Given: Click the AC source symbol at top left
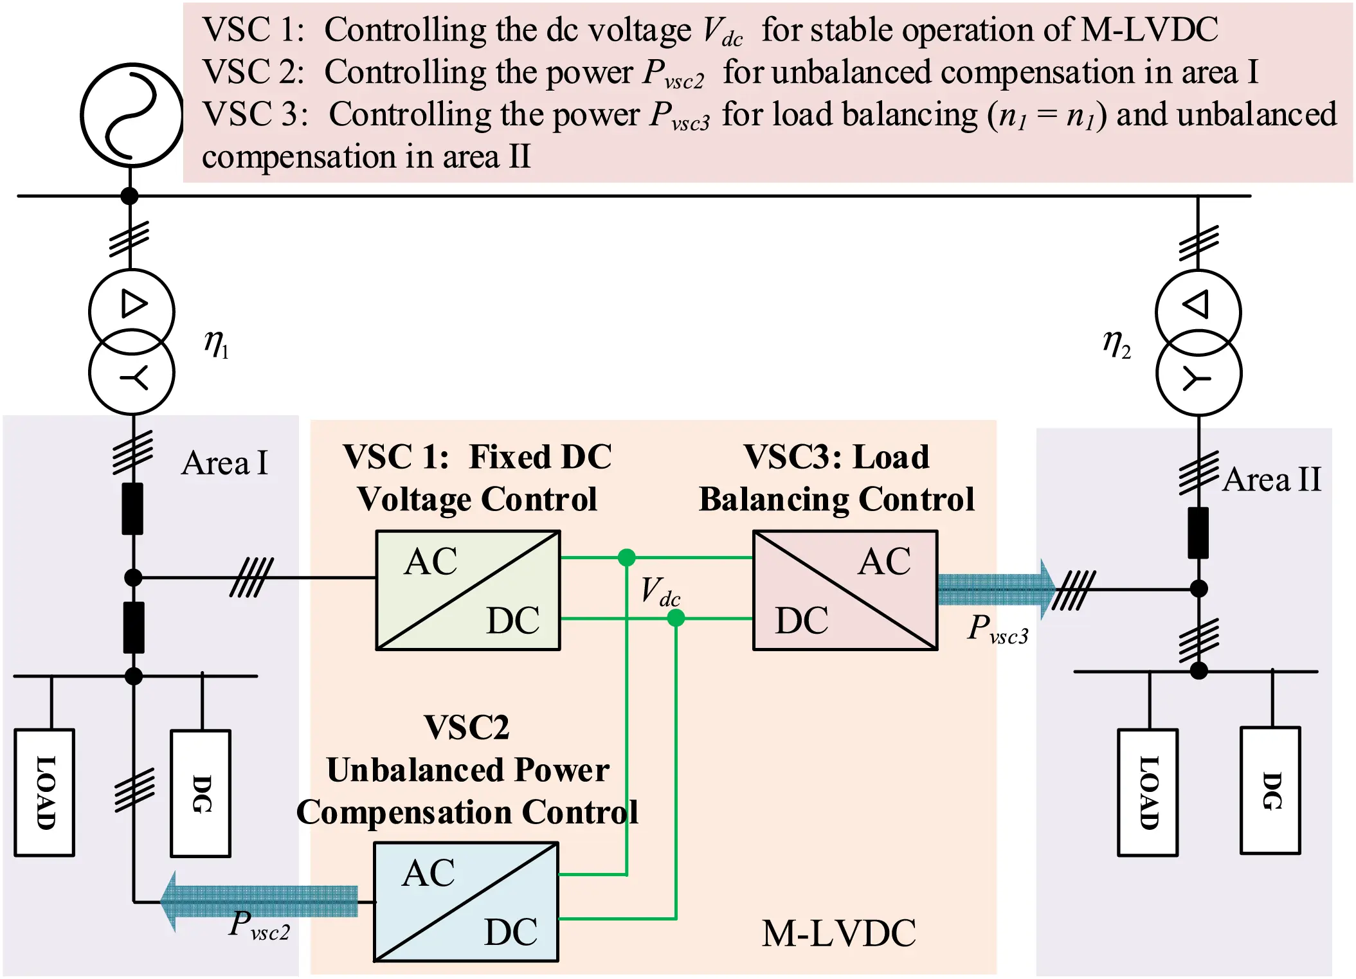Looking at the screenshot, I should click(x=131, y=115).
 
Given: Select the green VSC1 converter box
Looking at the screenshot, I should click(x=467, y=590).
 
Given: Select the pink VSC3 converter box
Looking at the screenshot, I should click(x=845, y=590).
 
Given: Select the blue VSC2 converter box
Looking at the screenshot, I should click(x=466, y=901).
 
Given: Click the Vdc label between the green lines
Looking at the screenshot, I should click(x=660, y=591).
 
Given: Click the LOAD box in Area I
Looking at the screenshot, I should click(x=44, y=792).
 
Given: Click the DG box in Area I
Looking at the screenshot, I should click(x=201, y=793).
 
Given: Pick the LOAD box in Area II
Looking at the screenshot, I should click(x=1148, y=792).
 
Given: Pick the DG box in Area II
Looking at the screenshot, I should click(x=1270, y=790).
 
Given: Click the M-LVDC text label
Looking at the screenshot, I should click(x=838, y=933).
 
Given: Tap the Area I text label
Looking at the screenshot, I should click(x=224, y=463).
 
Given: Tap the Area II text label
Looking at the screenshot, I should click(x=1271, y=480).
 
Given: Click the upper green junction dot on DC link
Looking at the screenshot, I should click(x=626, y=557).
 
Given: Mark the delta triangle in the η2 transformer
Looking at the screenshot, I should click(x=1197, y=304).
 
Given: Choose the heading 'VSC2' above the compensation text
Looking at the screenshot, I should click(x=467, y=728).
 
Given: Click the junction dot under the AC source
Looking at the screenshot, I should click(x=130, y=196).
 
